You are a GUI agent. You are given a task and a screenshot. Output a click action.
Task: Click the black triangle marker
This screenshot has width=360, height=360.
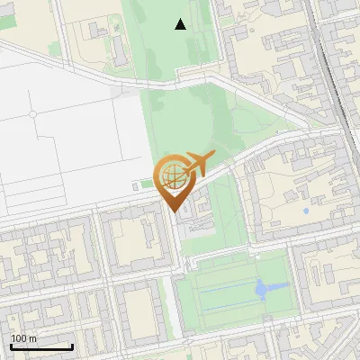point(180,24)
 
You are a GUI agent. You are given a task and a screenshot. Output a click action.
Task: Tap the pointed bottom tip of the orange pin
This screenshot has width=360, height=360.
point(172,210)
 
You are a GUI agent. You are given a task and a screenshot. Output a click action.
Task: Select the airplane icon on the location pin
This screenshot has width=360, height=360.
point(195,165)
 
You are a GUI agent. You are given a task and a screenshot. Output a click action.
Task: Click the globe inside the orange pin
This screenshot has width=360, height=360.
point(172,175)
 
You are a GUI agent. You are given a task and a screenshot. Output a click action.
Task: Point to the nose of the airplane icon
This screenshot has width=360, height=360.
point(212,159)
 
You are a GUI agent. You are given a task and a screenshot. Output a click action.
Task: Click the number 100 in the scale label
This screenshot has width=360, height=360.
point(19,337)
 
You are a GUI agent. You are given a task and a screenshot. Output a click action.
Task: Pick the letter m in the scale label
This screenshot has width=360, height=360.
point(33,337)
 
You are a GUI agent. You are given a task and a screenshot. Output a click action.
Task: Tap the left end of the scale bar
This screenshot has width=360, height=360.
point(11,346)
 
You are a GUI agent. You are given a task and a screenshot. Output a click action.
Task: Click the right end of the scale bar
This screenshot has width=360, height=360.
point(72,346)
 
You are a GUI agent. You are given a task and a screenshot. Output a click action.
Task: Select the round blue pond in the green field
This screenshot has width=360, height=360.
point(262,290)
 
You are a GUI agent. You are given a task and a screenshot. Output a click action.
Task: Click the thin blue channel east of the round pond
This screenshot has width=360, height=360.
point(279,288)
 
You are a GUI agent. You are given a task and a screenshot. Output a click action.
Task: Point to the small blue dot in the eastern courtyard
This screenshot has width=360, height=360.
point(306,211)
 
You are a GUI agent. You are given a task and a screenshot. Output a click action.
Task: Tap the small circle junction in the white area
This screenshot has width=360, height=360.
point(33,114)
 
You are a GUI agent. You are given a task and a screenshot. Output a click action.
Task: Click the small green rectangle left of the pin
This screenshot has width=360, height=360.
point(146,185)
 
